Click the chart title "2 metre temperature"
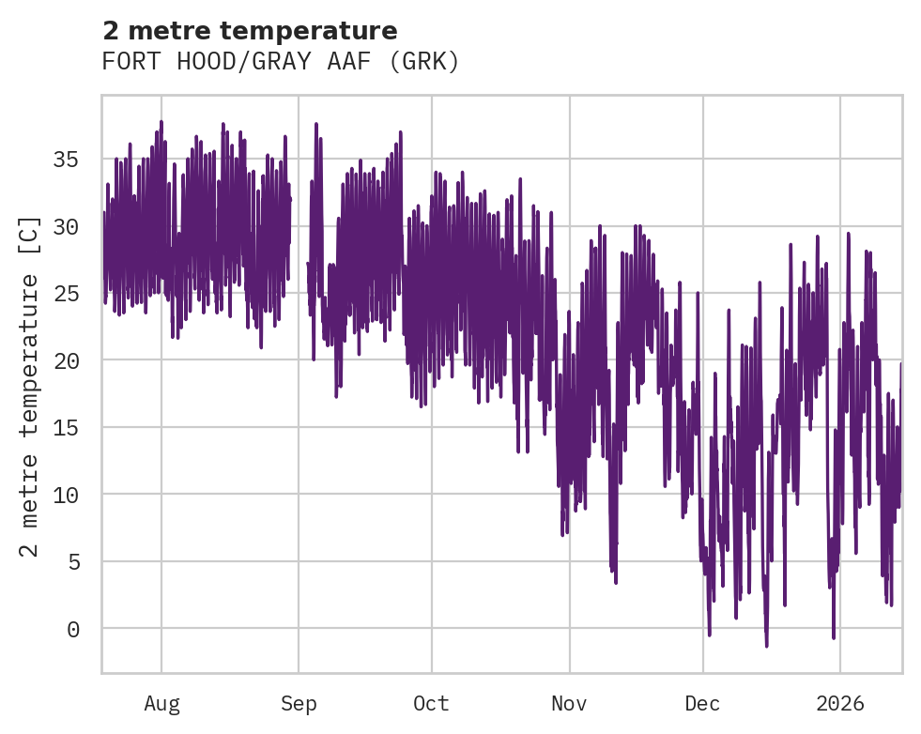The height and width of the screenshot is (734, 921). (x=250, y=31)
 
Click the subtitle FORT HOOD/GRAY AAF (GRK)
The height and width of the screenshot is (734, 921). (x=281, y=62)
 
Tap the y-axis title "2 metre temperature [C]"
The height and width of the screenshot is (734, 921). (x=30, y=386)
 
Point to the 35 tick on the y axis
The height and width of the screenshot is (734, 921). (x=65, y=160)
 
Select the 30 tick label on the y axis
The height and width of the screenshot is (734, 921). (x=65, y=226)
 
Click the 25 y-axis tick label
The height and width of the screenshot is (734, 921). (x=65, y=294)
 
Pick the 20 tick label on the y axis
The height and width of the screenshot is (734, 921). (x=65, y=360)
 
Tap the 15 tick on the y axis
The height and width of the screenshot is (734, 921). (x=65, y=428)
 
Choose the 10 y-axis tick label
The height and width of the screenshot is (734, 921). (x=65, y=495)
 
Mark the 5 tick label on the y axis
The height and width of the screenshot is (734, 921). (x=71, y=562)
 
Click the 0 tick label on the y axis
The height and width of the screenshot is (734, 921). (x=71, y=629)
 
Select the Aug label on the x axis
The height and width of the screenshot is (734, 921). (x=161, y=703)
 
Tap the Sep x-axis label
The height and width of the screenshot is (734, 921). (x=299, y=703)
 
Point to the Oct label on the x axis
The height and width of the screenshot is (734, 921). (x=432, y=703)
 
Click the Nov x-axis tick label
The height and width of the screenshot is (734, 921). (x=569, y=703)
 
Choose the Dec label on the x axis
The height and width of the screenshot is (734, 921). (x=702, y=703)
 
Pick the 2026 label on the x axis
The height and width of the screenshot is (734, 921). (x=840, y=703)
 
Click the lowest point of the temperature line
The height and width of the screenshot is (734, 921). (x=766, y=646)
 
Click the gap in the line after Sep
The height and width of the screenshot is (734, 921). (x=299, y=244)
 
